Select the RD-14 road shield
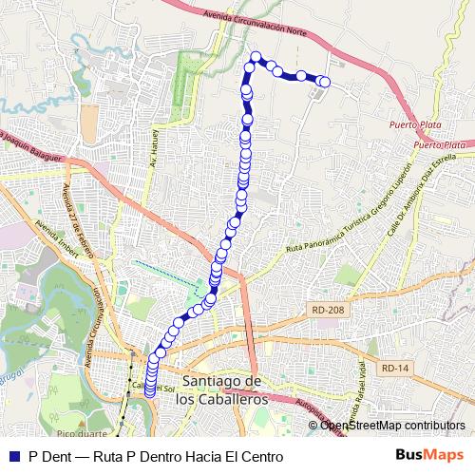coord(390,368)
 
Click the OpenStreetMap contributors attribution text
coord(392,425)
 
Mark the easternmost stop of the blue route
coord(325,82)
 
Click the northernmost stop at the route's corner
coord(256,57)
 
